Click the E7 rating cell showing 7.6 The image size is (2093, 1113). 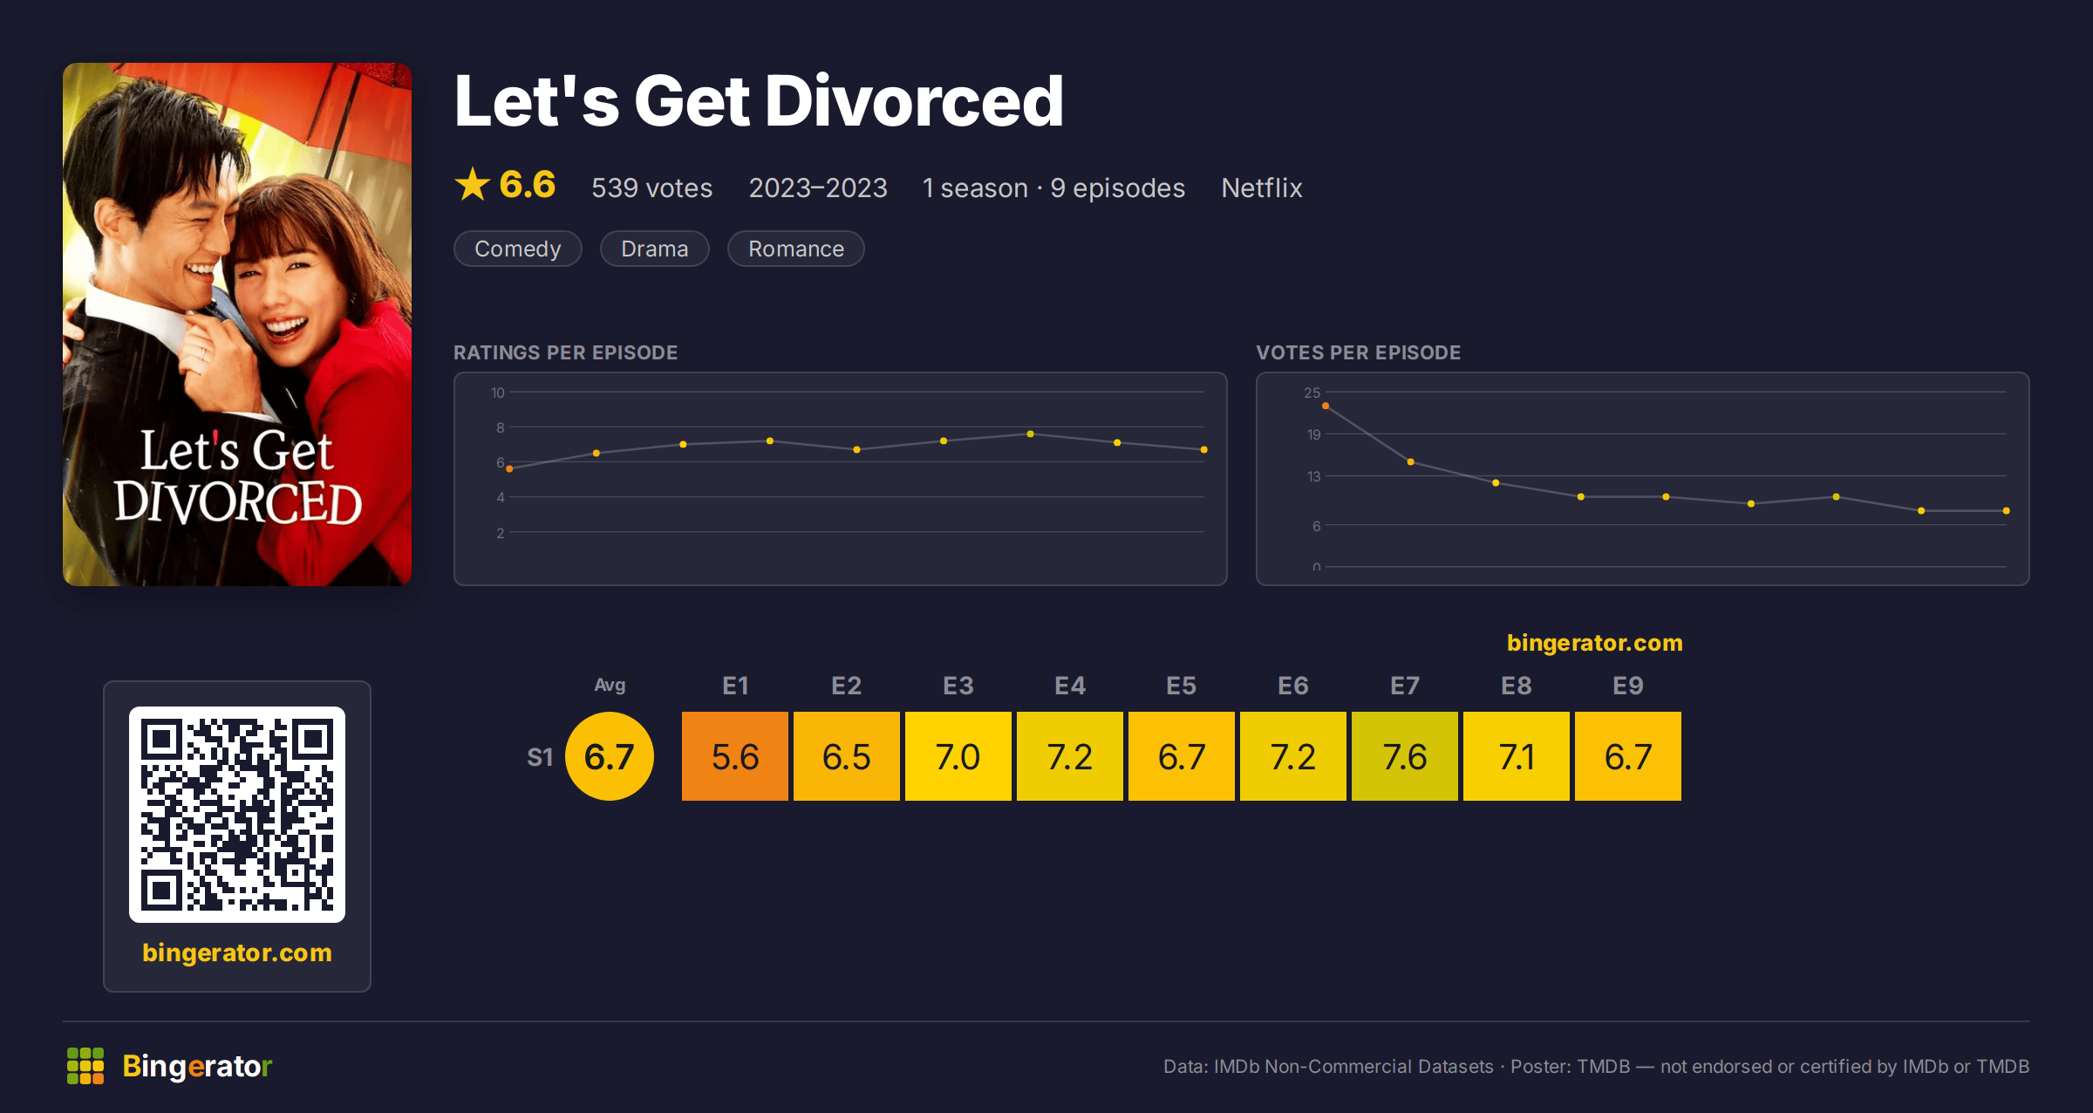point(1404,756)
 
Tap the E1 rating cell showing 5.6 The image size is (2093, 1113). point(734,756)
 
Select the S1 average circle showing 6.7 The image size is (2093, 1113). point(610,756)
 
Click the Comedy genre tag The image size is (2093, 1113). point(518,249)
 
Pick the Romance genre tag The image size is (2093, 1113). point(796,249)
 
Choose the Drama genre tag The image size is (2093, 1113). point(655,249)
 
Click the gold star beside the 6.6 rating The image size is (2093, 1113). point(473,184)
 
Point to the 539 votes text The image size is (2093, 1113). point(652,188)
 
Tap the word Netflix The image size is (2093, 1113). point(1262,188)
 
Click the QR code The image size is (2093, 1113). point(237,815)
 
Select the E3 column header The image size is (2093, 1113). point(958,686)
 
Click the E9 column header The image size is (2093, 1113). point(1627,686)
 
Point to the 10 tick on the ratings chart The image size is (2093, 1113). point(498,393)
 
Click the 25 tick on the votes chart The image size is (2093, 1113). point(1312,393)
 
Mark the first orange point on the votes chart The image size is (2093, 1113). point(1326,406)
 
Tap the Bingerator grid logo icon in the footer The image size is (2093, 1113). point(85,1066)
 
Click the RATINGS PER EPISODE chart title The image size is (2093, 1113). point(565,352)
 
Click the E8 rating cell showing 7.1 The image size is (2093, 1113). point(1516,756)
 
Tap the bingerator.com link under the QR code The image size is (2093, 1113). point(237,953)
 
